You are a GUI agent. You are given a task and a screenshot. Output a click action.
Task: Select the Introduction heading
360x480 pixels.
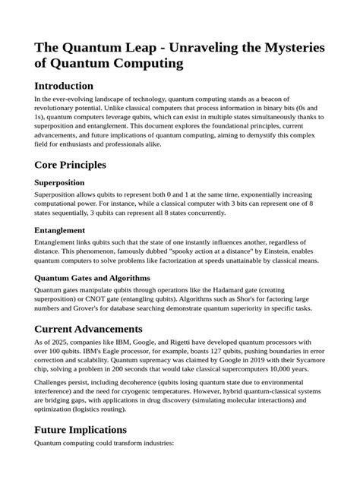(64, 86)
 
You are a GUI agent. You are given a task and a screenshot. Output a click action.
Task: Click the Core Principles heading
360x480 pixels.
(70, 164)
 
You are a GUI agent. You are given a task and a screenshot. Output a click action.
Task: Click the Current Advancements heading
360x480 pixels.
(88, 329)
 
